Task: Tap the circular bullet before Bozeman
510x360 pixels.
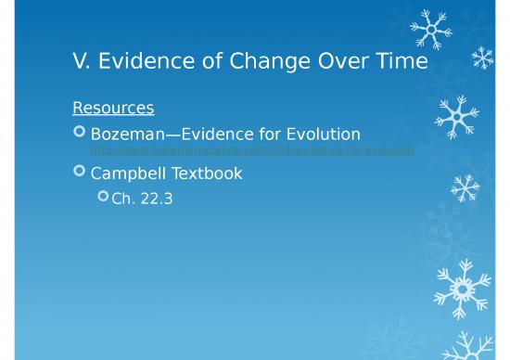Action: click(x=79, y=135)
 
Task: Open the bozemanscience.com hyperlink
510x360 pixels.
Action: click(x=251, y=150)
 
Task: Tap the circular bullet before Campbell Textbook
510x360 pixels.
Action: click(x=79, y=173)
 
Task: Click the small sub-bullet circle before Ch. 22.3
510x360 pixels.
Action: click(x=103, y=197)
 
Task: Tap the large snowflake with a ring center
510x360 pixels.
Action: click(x=456, y=288)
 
